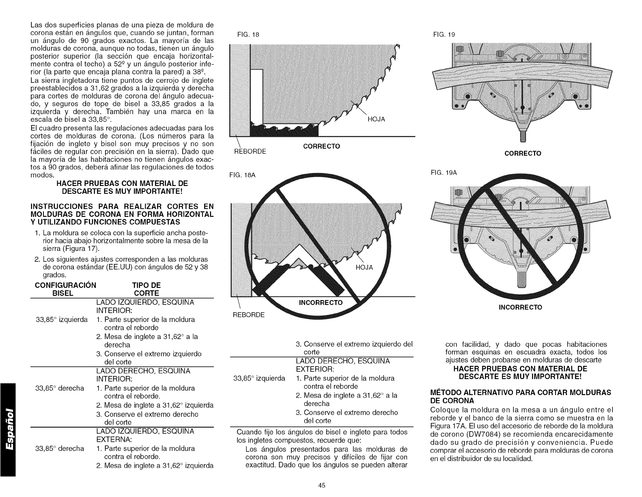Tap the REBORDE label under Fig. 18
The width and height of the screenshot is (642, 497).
250,151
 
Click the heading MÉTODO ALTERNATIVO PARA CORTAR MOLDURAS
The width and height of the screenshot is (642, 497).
520,396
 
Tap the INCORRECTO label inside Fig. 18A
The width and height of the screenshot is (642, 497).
321,303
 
